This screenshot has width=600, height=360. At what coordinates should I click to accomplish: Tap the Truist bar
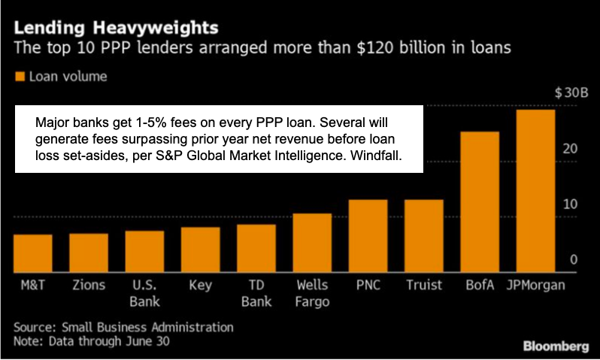(x=425, y=236)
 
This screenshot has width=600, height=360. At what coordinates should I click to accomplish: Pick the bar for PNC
(x=368, y=236)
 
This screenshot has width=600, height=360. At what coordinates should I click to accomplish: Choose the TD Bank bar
(x=256, y=248)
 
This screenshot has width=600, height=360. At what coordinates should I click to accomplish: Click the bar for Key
(x=201, y=250)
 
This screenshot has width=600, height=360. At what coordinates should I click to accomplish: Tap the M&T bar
(x=33, y=253)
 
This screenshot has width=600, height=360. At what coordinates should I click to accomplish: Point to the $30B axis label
(x=571, y=92)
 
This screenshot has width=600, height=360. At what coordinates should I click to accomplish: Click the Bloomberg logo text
(x=556, y=346)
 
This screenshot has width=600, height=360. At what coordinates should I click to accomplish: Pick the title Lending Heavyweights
(x=116, y=29)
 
